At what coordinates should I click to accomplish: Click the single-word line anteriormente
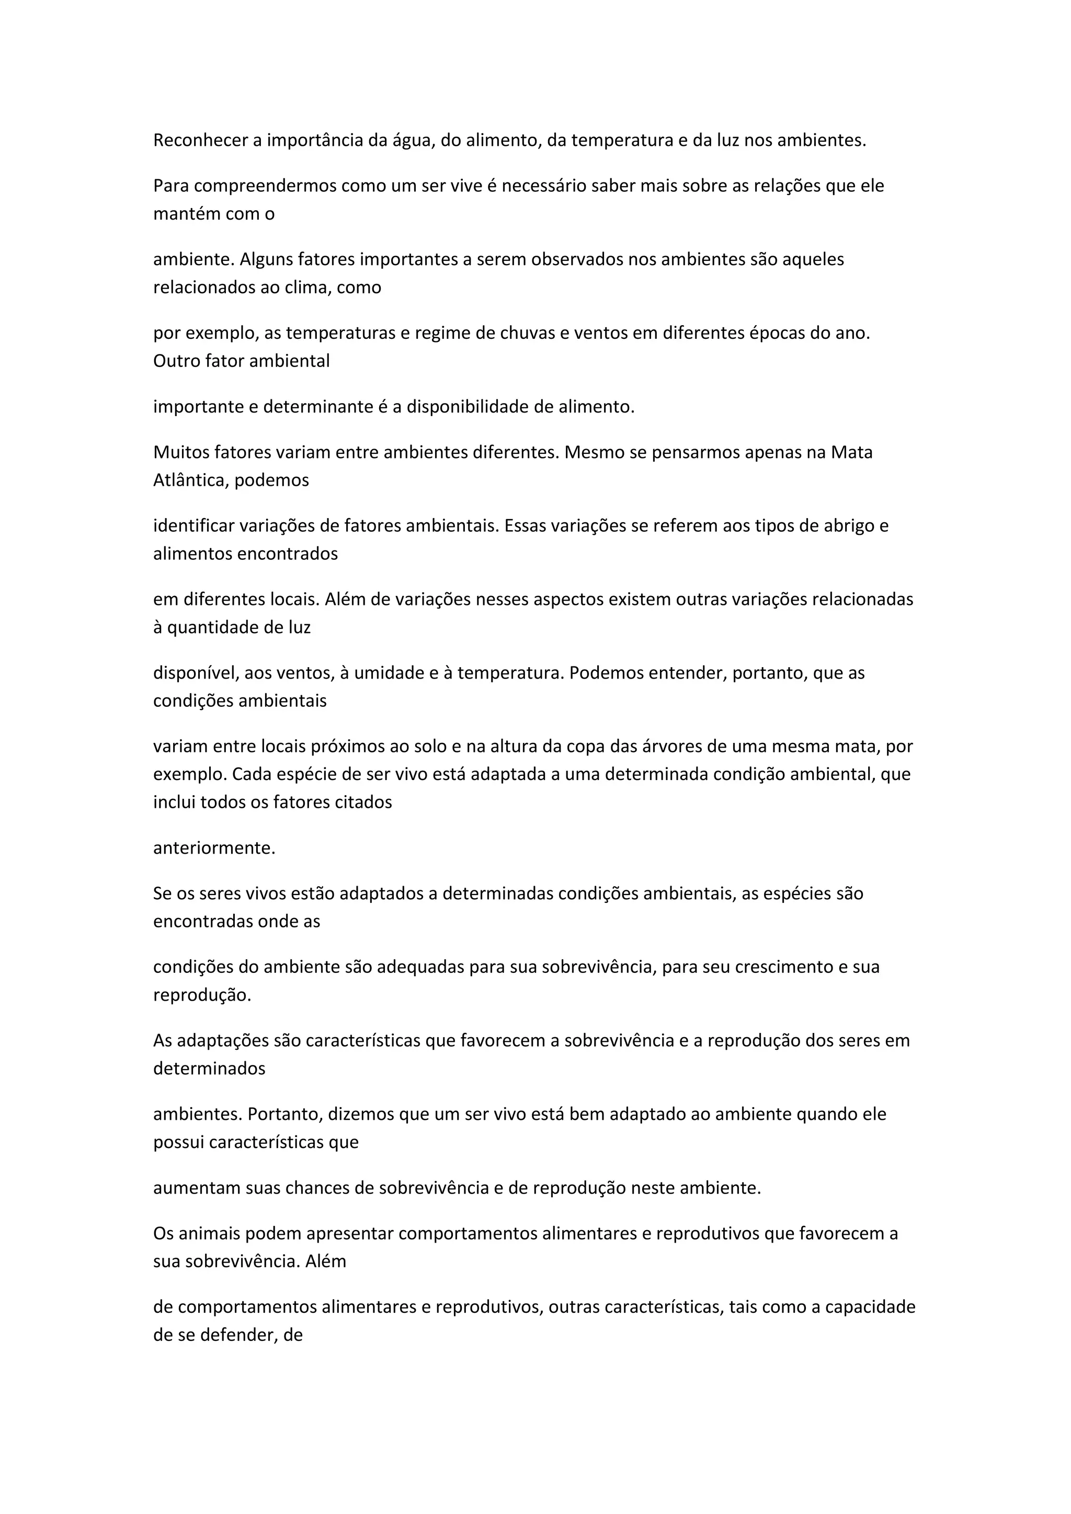(x=214, y=848)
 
